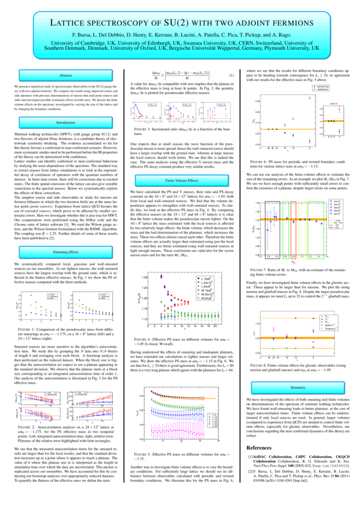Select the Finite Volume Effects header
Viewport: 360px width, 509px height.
tap(181, 180)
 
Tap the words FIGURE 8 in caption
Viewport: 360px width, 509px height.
tap(262, 365)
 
